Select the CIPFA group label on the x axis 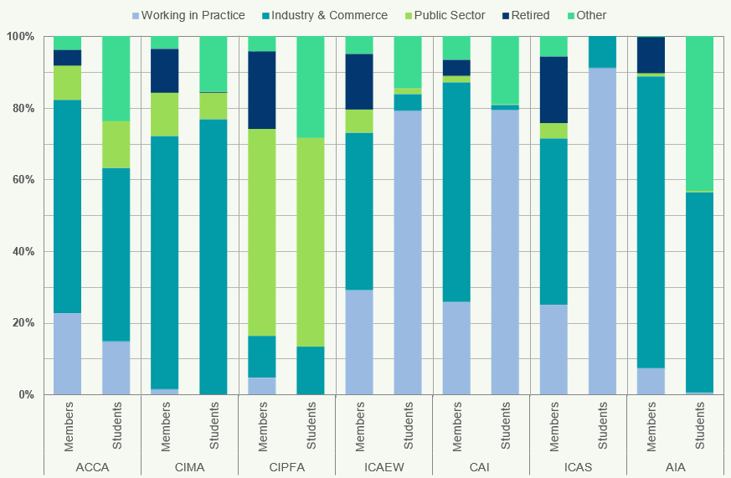286,466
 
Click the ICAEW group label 384,466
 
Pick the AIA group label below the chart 675,466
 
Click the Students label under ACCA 116,425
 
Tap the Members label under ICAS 553,425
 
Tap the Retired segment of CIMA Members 165,70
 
